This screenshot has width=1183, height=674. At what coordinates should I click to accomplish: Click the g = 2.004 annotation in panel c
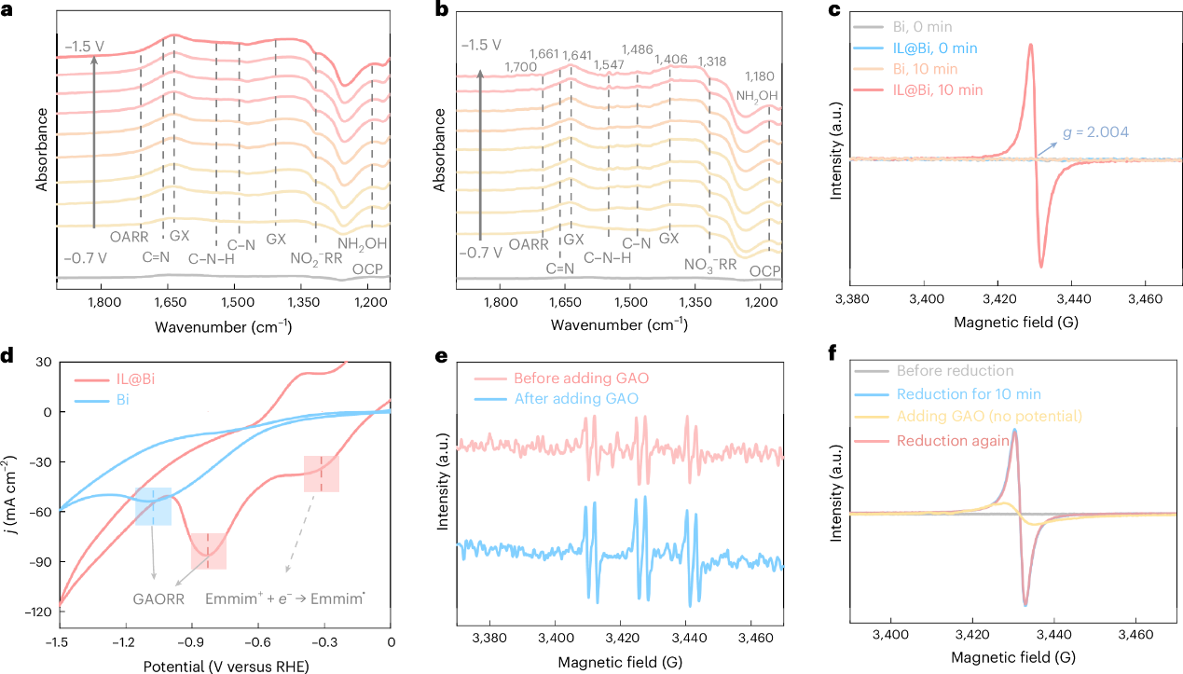(x=1092, y=132)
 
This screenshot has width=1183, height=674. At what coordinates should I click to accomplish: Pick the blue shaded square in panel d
(x=153, y=506)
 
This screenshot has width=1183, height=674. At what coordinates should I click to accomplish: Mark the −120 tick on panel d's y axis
(x=34, y=612)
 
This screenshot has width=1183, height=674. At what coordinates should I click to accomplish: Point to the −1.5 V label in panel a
(x=85, y=44)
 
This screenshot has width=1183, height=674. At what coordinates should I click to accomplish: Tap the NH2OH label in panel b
(x=757, y=95)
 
